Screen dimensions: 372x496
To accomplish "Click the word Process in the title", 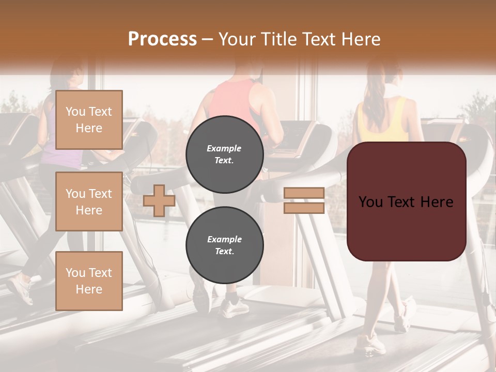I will [x=162, y=39].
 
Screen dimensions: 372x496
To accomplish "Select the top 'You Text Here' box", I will [x=89, y=120].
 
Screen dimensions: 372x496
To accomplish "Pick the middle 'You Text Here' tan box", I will [x=89, y=202].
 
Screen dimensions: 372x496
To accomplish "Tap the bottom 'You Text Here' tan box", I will [x=89, y=281].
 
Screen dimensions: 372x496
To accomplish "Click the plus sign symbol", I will [x=159, y=200].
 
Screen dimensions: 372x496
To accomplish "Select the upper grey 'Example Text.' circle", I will [x=224, y=154].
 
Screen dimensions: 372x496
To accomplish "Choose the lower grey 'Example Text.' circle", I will [x=224, y=245].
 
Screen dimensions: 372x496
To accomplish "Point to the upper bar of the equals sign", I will [x=304, y=193].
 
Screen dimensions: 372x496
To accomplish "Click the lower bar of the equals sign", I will [x=304, y=208].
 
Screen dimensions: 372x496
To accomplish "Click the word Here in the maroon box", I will [x=436, y=202].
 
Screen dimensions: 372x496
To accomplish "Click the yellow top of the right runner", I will [x=382, y=124].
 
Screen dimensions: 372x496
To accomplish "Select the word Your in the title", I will [x=236, y=39].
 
